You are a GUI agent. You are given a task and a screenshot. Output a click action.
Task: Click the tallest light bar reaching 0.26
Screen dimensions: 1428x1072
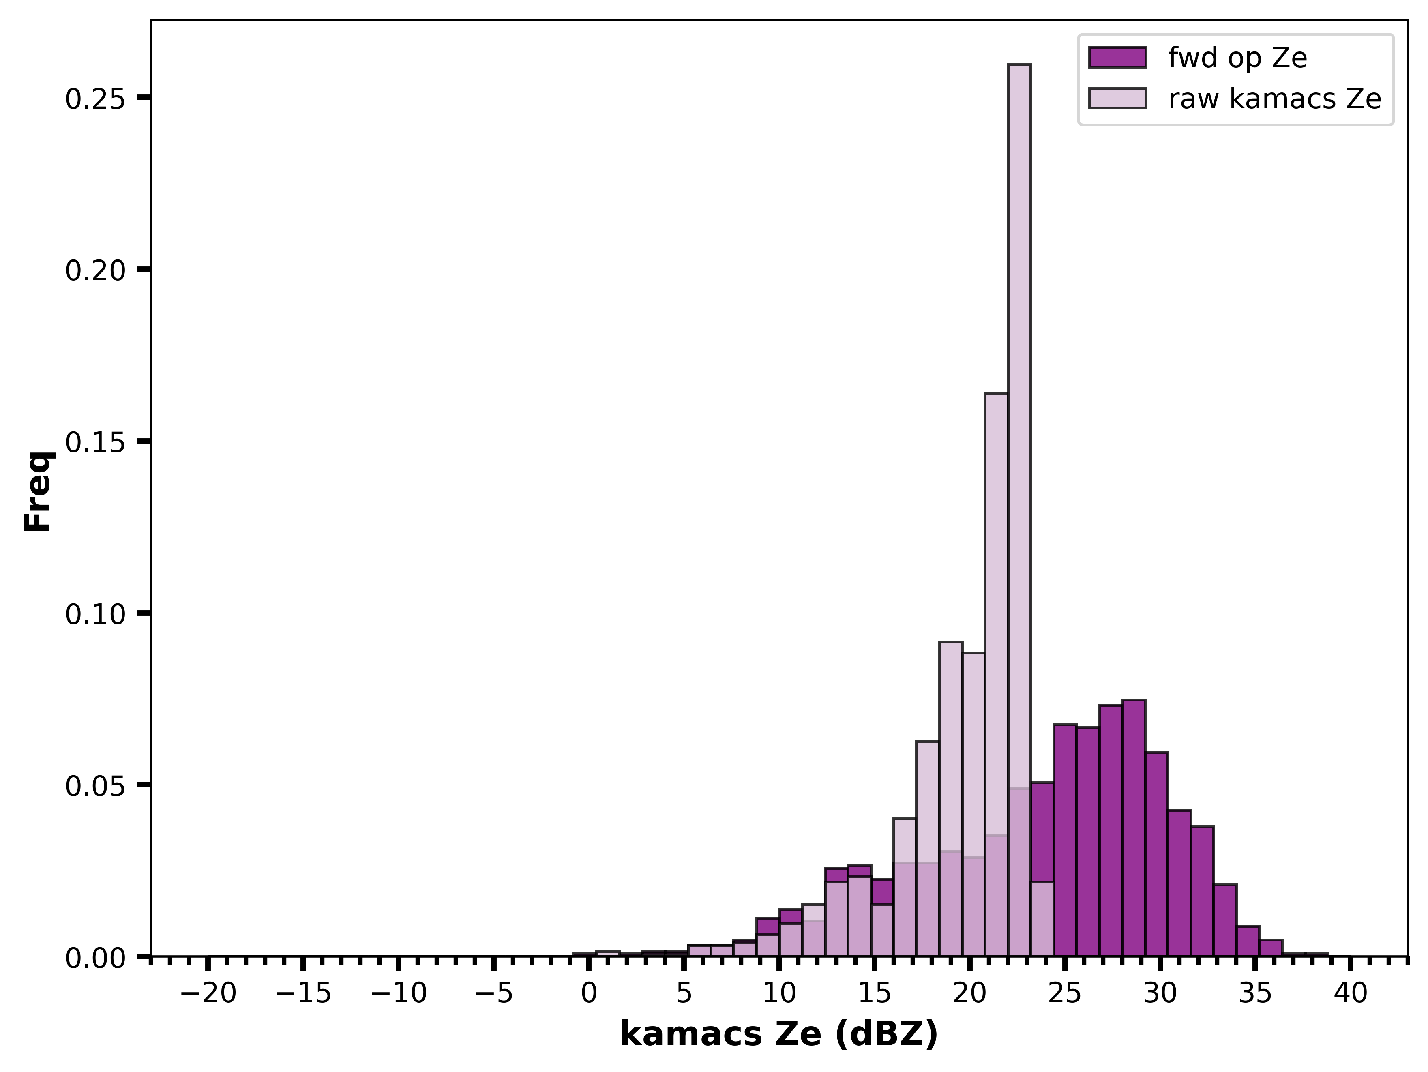[x=1019, y=510]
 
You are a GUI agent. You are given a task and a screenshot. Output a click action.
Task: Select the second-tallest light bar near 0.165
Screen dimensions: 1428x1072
[x=996, y=674]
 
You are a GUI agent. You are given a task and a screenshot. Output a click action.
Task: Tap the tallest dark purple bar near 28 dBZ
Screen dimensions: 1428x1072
[x=1134, y=828]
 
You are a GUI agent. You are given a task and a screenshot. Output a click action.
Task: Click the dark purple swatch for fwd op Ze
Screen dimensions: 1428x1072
[x=1117, y=58]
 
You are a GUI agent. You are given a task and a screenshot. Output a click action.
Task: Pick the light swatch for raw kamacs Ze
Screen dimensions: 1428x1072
[x=1117, y=98]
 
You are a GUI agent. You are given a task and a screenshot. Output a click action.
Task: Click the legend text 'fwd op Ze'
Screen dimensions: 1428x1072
[x=1237, y=58]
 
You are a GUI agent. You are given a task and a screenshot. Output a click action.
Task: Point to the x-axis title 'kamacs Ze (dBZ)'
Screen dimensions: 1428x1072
[x=779, y=1035]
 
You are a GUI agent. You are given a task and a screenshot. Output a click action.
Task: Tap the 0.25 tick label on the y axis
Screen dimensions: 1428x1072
[x=95, y=98]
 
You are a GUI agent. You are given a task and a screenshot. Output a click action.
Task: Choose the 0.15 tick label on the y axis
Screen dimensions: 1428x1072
[x=95, y=442]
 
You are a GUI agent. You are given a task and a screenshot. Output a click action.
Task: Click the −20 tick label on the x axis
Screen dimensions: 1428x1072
[x=208, y=993]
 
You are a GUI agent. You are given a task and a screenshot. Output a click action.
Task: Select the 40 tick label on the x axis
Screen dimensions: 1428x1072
[x=1351, y=993]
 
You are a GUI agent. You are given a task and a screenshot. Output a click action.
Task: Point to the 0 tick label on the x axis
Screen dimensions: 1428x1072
[x=589, y=993]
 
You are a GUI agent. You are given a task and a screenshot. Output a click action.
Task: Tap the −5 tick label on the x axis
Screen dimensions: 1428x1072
[x=494, y=993]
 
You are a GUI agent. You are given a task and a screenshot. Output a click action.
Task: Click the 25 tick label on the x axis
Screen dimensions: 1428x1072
[x=1065, y=993]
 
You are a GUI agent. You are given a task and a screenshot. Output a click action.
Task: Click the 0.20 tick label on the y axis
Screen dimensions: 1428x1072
[x=95, y=270]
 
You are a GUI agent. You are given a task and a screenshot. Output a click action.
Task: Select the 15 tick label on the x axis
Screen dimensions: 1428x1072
[x=874, y=993]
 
